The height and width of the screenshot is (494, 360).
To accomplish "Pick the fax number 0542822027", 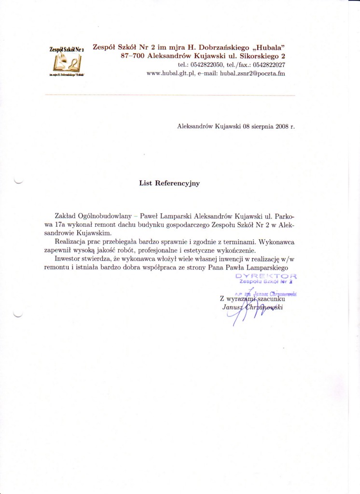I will point(268,65).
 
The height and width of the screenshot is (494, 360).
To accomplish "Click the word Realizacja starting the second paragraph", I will point(71,241).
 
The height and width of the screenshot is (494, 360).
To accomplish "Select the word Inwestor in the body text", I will point(69,259).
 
